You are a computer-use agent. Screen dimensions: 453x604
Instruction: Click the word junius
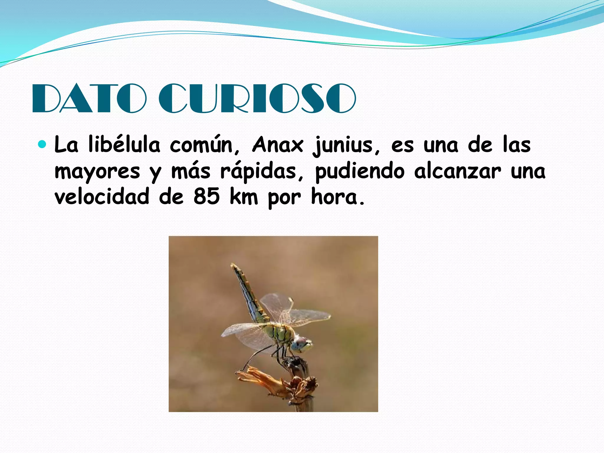pos(343,145)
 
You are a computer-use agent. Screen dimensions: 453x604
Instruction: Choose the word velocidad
pos(102,197)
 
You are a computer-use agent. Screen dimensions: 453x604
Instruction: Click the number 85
pos(206,197)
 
